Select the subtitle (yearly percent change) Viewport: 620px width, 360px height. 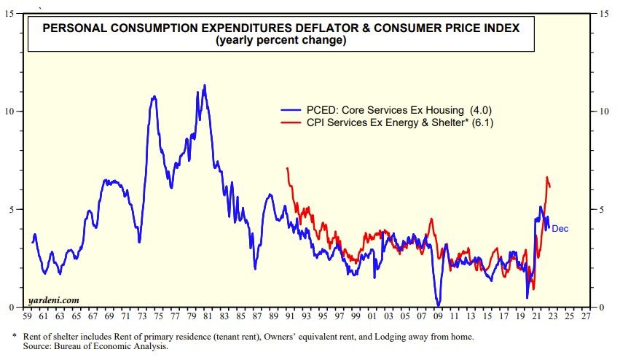pyautogui.click(x=280, y=41)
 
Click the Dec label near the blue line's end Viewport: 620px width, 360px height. pyautogui.click(x=560, y=229)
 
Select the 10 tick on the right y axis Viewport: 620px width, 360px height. pyautogui.click(x=604, y=111)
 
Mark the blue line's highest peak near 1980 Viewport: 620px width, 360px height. pyautogui.click(x=204, y=85)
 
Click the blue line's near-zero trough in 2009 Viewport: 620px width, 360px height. pyautogui.click(x=438, y=305)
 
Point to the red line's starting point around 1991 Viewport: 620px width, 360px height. pyautogui.click(x=288, y=168)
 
